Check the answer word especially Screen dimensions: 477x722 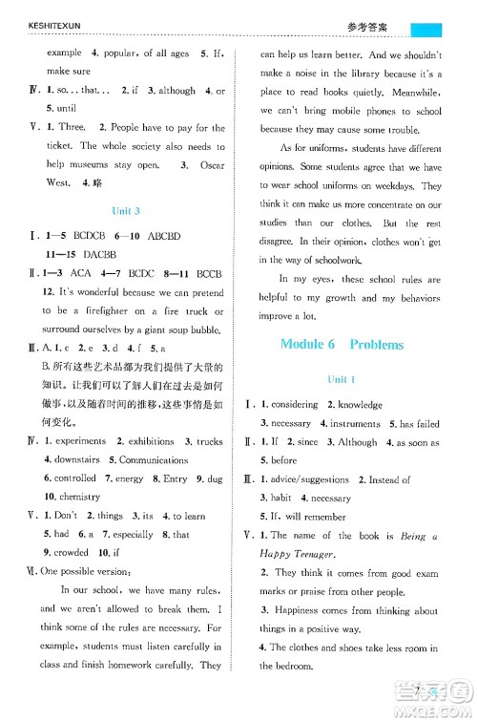135,535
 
